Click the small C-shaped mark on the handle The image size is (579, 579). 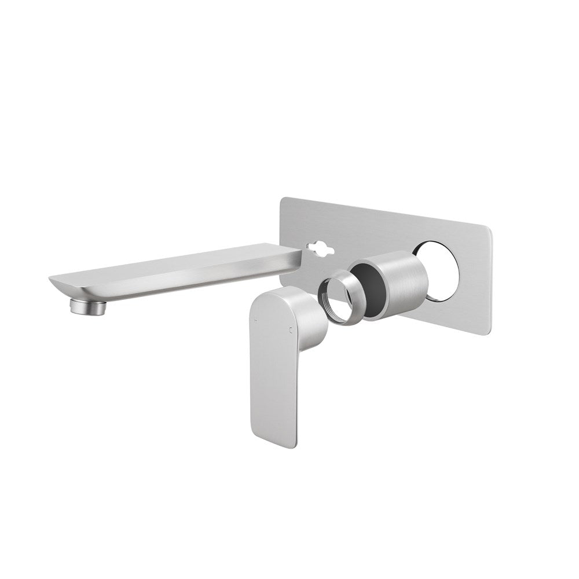tap(289, 331)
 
